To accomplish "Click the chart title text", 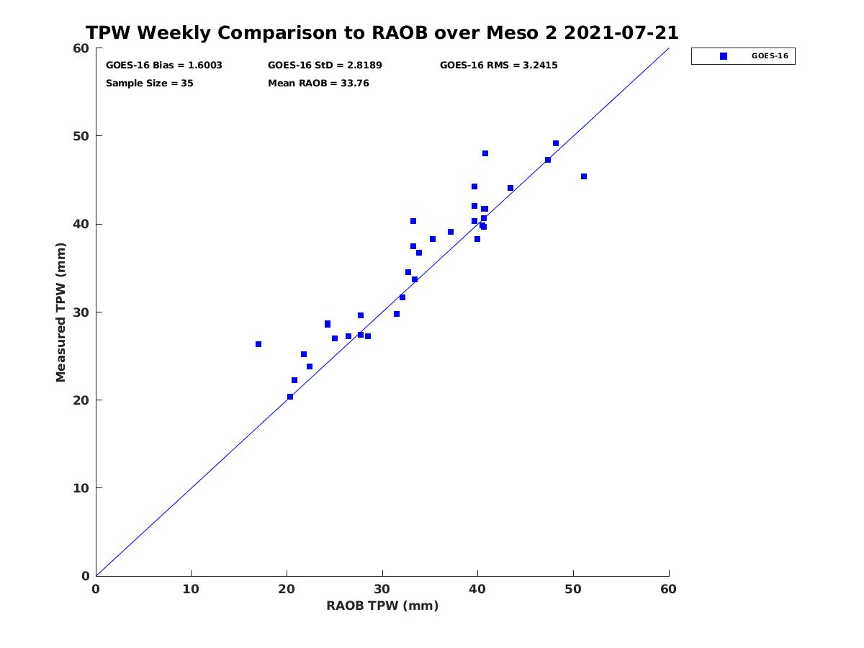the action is click(x=382, y=32).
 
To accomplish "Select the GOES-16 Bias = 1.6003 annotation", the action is click(x=163, y=66).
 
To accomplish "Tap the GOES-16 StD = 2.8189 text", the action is click(x=325, y=66).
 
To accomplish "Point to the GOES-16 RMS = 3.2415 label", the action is click(x=498, y=66).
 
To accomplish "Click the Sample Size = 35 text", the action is click(x=150, y=84).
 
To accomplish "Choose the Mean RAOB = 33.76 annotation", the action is click(x=318, y=84).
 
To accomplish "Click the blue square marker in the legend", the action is click(x=723, y=56).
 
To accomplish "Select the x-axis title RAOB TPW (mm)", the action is click(x=382, y=606).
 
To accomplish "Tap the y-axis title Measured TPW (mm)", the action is click(x=60, y=312).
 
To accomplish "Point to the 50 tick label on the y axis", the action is click(x=81, y=136).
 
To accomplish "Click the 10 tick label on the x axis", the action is click(x=191, y=589).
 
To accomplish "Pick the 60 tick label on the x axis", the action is click(x=668, y=589).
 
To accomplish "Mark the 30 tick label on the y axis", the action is click(x=81, y=312).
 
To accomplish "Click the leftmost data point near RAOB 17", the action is click(x=258, y=344).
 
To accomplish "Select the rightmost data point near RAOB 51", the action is click(x=584, y=176).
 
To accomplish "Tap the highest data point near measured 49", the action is click(x=556, y=143).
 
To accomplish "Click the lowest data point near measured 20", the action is click(x=290, y=397).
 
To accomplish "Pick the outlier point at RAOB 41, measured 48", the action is click(x=485, y=153).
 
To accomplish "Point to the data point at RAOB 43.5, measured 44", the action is click(x=510, y=188).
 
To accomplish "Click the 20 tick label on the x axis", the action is click(x=287, y=589).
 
